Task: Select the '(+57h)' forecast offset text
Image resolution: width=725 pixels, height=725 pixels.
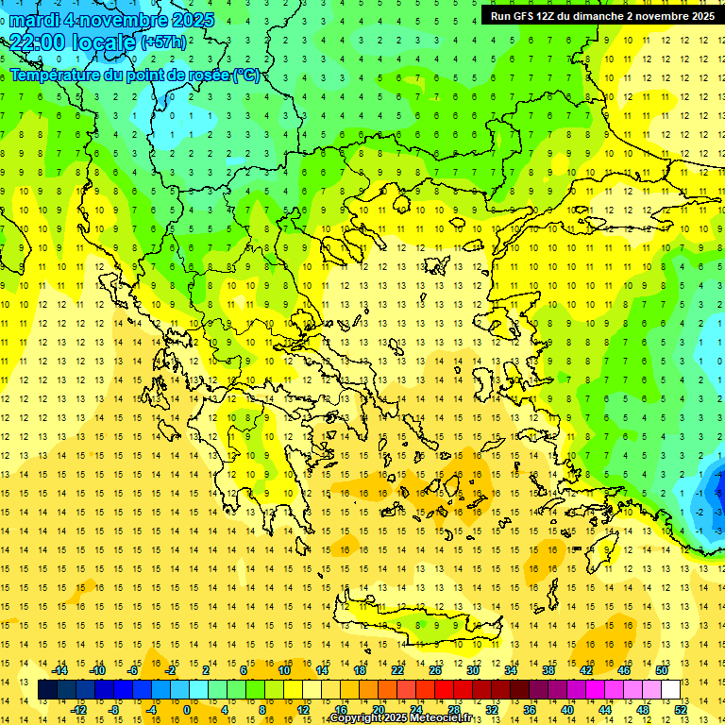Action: coord(163,42)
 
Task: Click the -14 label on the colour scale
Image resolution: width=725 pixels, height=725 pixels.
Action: coord(60,670)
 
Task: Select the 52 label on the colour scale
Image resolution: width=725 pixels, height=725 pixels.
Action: coord(682,710)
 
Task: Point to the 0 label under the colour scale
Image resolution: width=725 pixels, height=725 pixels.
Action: coord(186,710)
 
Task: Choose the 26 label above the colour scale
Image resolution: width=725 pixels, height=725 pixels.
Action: coord(435,670)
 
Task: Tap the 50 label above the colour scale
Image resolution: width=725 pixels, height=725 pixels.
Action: coord(662,670)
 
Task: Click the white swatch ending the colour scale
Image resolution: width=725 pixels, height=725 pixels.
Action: coord(671,690)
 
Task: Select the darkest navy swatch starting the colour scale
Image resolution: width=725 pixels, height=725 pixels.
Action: coord(47,690)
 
